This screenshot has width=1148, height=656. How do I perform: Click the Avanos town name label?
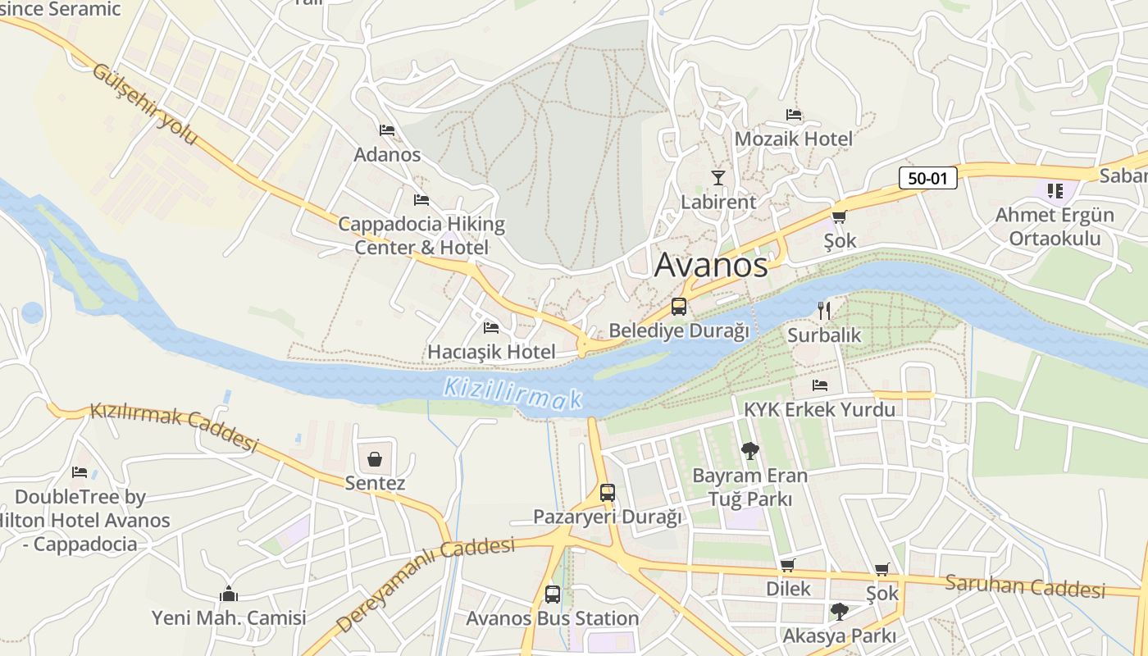pyautogui.click(x=711, y=265)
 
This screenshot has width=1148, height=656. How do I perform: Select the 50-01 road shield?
pyautogui.click(x=927, y=178)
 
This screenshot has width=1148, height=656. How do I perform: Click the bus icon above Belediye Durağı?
pyautogui.click(x=679, y=307)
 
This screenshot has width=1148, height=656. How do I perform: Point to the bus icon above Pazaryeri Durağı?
pyautogui.click(x=607, y=492)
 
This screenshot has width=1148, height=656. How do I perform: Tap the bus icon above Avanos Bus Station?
pyautogui.click(x=553, y=594)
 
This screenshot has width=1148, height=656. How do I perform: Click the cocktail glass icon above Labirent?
pyautogui.click(x=718, y=177)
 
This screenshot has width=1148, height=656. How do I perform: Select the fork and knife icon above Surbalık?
pyautogui.click(x=824, y=310)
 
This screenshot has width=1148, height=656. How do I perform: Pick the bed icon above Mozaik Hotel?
pyautogui.click(x=794, y=115)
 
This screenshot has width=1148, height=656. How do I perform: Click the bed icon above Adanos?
pyautogui.click(x=387, y=130)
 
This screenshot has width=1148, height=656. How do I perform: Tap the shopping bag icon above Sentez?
pyautogui.click(x=375, y=458)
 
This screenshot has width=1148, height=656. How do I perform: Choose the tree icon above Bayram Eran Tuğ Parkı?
pyautogui.click(x=749, y=450)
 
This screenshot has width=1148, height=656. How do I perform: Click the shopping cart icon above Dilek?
pyautogui.click(x=788, y=565)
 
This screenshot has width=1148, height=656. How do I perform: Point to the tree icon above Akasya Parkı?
pyautogui.click(x=839, y=611)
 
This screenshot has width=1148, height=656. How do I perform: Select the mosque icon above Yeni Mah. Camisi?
pyautogui.click(x=229, y=593)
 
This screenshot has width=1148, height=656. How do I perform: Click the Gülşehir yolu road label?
pyautogui.click(x=145, y=104)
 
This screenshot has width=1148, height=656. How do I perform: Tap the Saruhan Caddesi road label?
pyautogui.click(x=1025, y=585)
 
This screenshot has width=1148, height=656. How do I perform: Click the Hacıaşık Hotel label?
pyautogui.click(x=491, y=352)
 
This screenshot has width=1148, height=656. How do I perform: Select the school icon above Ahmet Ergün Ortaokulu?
pyautogui.click(x=1055, y=191)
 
